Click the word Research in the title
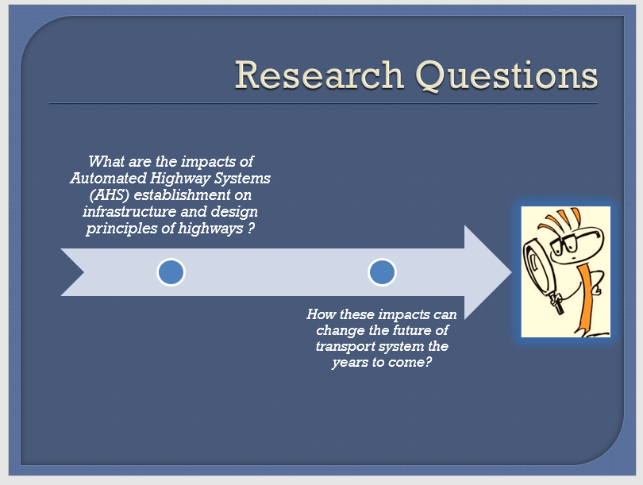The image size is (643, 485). [319, 75]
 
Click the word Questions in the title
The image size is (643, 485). [506, 76]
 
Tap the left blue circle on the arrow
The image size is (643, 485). [171, 272]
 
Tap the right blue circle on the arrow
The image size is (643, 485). [382, 272]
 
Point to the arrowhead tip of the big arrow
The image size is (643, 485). [512, 272]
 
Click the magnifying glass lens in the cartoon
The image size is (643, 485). [537, 267]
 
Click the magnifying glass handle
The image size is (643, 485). [557, 303]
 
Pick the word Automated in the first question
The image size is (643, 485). [108, 179]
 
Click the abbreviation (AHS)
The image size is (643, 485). [109, 195]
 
